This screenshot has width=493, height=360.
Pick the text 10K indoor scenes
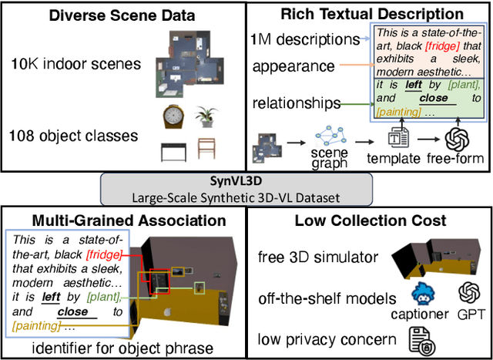click(75, 64)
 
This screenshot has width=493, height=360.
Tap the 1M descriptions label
click(305, 39)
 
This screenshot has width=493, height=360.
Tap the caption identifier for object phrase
click(123, 348)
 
